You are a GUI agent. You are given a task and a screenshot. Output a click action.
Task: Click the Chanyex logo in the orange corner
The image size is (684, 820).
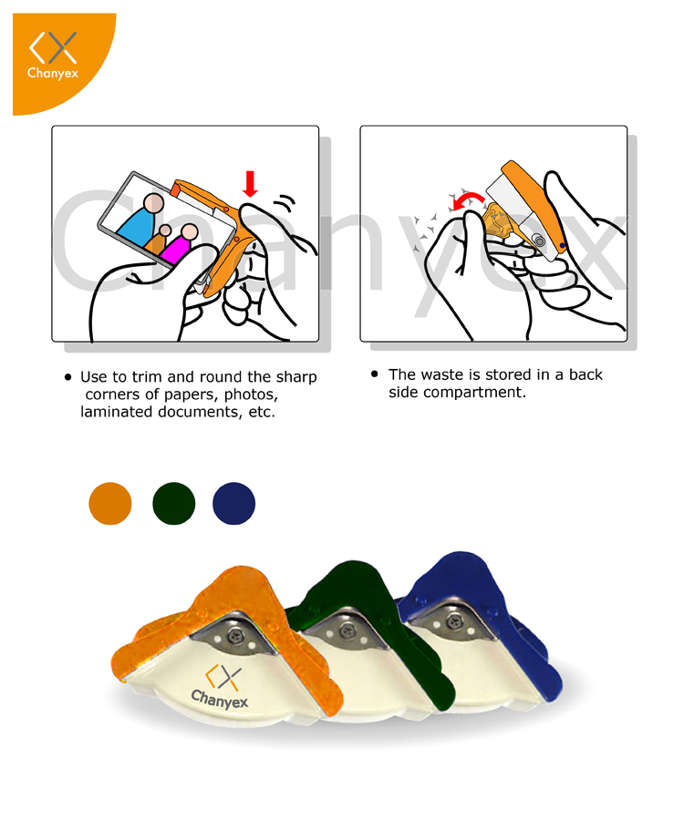53,55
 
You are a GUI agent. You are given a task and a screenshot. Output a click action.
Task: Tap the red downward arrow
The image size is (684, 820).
250,183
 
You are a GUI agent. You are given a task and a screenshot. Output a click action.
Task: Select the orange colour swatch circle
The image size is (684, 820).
110,503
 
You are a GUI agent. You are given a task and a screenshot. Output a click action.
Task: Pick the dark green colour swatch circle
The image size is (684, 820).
174,503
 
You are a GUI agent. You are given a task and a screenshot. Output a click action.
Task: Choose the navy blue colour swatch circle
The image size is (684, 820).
234,503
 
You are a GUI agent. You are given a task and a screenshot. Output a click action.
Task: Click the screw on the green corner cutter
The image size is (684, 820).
347,630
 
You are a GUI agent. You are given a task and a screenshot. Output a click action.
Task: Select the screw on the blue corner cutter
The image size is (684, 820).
454,621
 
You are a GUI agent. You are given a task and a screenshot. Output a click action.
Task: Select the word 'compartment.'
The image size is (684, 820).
474,392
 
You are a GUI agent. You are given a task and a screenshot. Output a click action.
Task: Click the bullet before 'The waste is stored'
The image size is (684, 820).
374,374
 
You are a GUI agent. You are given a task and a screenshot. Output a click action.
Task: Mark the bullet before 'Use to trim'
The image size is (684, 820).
67,377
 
